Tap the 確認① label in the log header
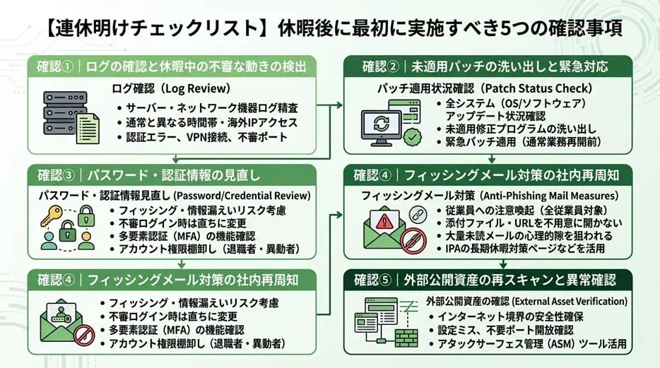pos(57,67)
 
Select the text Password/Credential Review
pos(243,195)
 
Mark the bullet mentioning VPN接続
pos(204,137)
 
